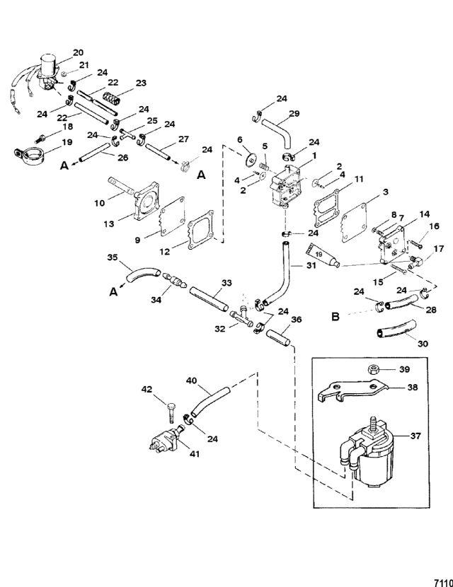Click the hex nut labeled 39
(x=374, y=369)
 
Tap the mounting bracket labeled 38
(x=352, y=391)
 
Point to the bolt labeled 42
(x=171, y=415)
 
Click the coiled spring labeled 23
(x=112, y=98)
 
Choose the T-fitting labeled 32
(x=241, y=316)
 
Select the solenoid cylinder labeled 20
(x=47, y=62)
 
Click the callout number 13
(x=109, y=223)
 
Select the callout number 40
(x=192, y=380)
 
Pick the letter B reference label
(x=336, y=317)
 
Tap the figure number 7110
(x=443, y=583)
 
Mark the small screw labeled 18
(x=40, y=139)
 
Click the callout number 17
(x=439, y=248)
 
